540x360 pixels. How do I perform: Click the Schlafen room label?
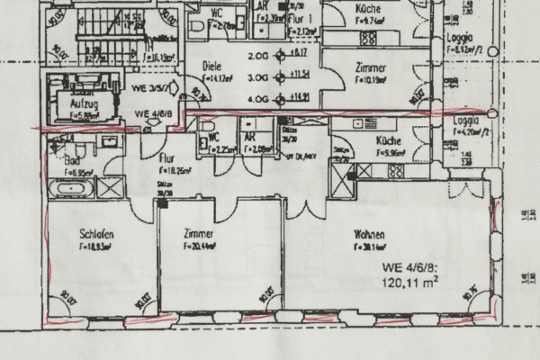[94, 233]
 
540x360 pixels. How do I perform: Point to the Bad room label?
[73, 159]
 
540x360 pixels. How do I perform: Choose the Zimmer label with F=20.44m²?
[196, 233]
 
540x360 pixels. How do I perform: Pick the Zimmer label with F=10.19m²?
[370, 68]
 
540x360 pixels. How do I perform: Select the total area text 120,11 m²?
[409, 282]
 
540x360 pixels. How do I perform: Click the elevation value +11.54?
[301, 75]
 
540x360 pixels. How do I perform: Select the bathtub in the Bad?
[69, 190]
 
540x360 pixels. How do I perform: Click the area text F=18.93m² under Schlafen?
[94, 245]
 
